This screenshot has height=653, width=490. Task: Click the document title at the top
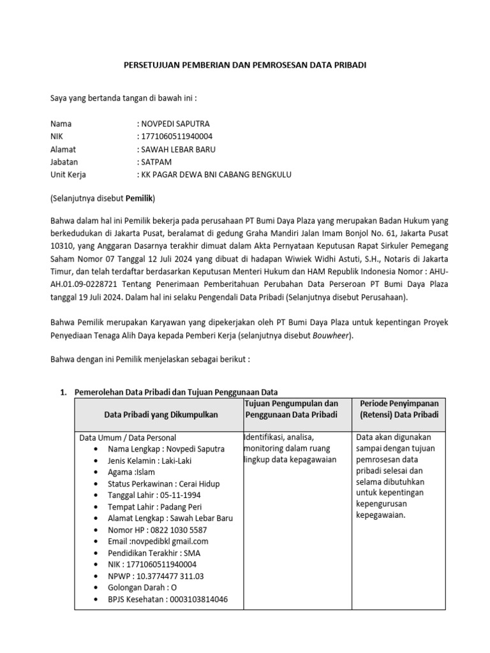point(244,65)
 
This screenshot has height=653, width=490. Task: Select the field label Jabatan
point(64,162)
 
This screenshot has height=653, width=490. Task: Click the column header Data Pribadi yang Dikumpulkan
point(161,415)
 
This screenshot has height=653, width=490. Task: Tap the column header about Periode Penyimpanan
point(399,409)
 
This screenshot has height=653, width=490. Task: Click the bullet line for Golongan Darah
point(143,587)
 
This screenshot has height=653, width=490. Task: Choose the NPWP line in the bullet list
point(156,576)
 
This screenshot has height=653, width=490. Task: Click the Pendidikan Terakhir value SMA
point(191,553)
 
